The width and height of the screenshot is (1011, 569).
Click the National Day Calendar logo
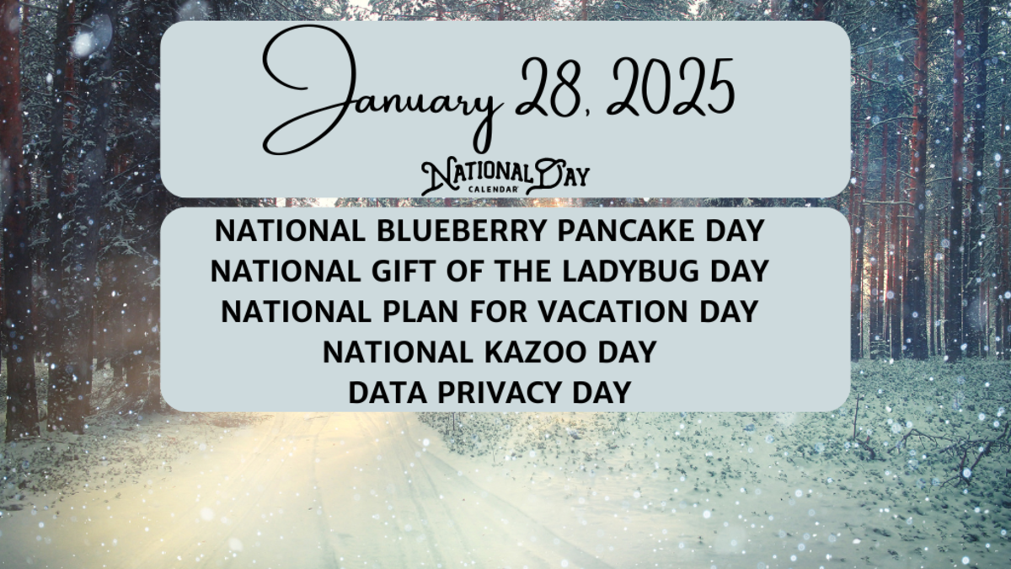tap(505, 176)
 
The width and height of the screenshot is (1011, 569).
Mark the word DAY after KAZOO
tap(624, 352)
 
